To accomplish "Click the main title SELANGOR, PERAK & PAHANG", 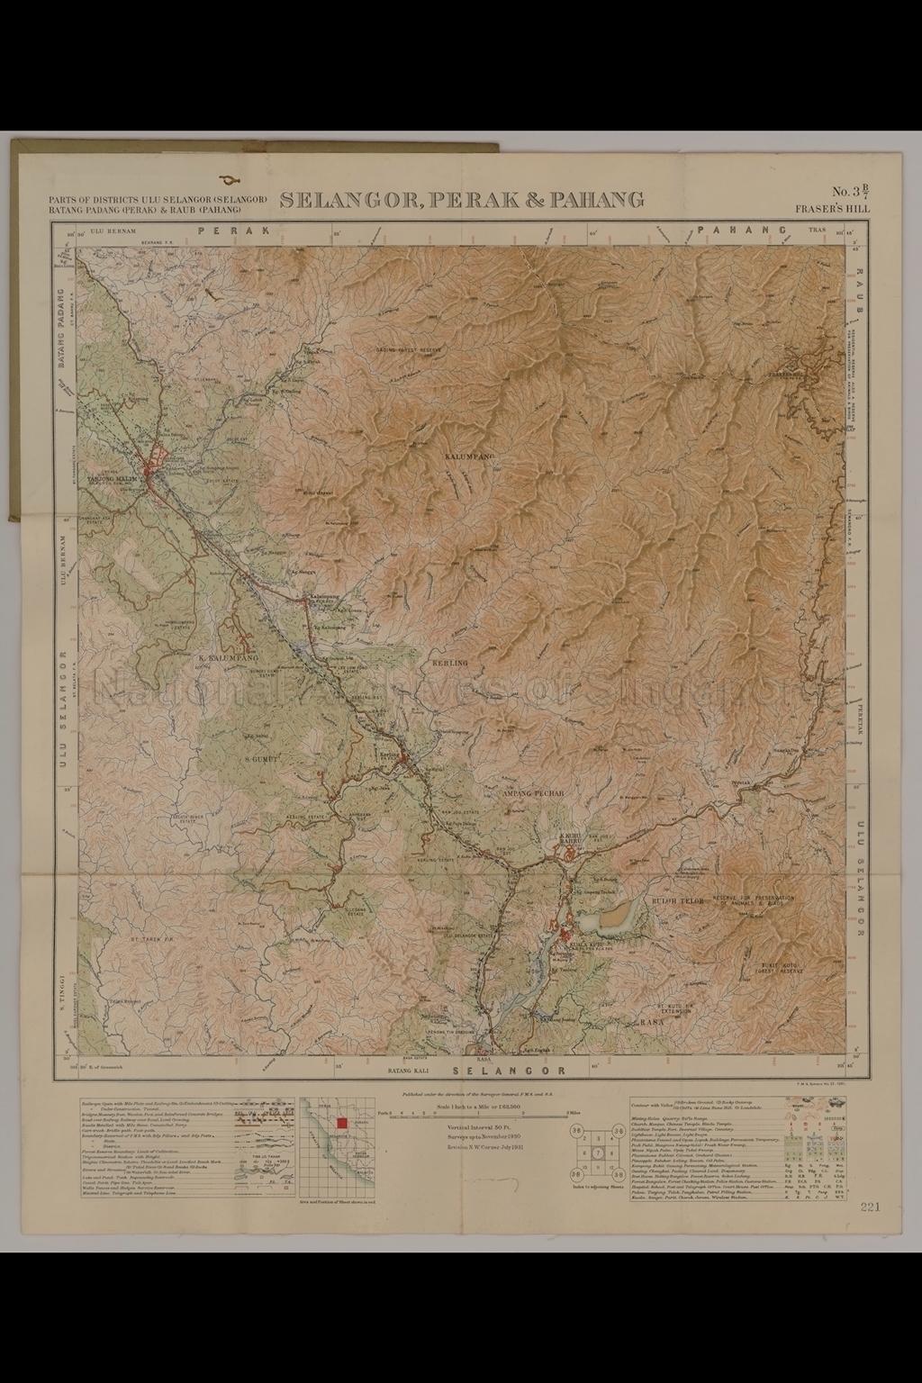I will [462, 200].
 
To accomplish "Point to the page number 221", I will [871, 1207].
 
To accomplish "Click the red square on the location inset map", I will [341, 1123].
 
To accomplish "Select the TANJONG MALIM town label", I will [114, 480].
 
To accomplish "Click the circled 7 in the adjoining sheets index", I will [596, 1152].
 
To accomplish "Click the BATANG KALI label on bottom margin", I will [411, 1071].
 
